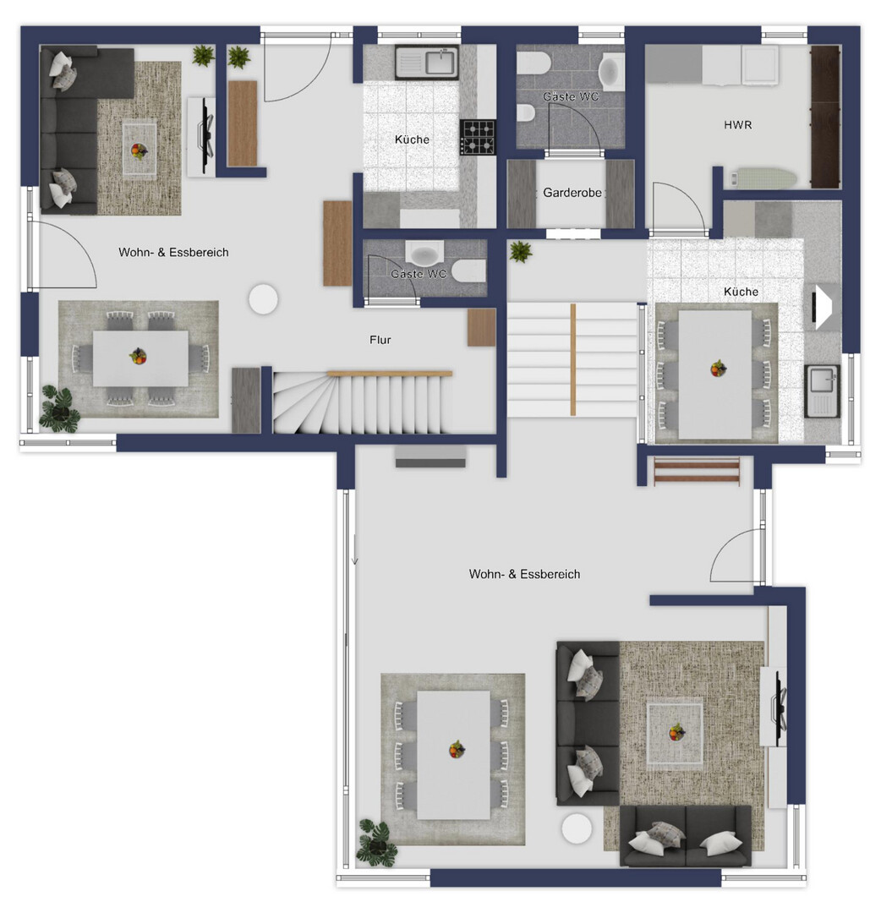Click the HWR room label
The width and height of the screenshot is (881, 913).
(737, 124)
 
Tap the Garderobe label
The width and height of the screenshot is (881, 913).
(572, 193)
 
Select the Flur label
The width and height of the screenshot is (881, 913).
(380, 340)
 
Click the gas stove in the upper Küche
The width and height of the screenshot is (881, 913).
(478, 137)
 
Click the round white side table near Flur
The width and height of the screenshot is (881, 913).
(263, 298)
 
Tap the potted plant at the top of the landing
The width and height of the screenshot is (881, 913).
(520, 252)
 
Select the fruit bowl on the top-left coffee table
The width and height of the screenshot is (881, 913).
(139, 150)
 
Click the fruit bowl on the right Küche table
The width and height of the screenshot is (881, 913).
(718, 368)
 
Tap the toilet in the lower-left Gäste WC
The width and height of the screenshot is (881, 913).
(468, 271)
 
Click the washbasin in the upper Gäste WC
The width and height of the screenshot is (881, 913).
(610, 72)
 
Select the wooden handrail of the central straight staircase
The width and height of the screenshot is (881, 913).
(573, 359)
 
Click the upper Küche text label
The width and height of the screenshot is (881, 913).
(412, 139)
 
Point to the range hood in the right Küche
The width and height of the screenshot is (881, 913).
(822, 307)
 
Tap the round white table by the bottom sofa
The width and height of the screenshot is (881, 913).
(577, 828)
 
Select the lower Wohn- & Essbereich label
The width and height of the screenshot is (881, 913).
(524, 574)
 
